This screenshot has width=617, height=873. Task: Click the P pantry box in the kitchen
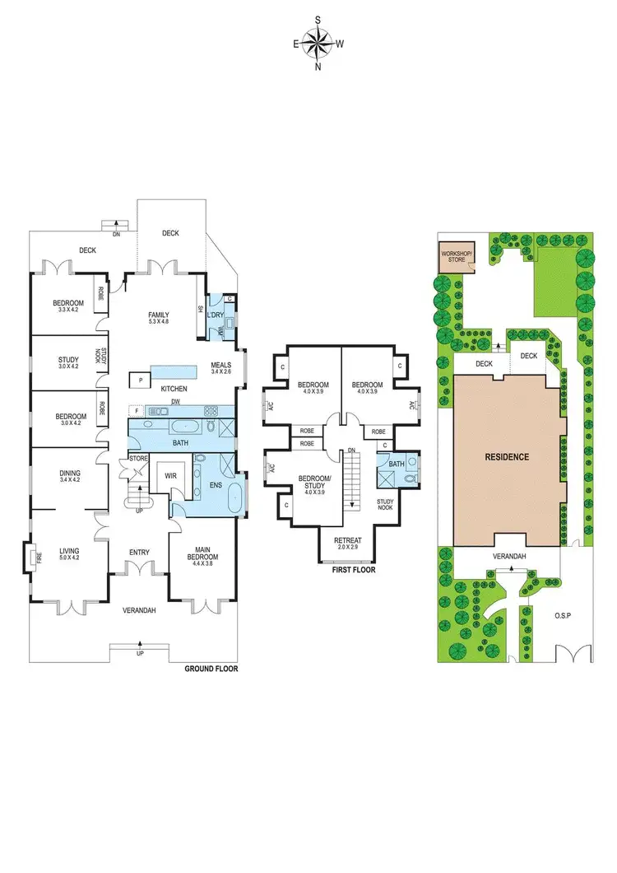(141, 380)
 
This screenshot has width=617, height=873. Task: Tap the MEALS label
(221, 365)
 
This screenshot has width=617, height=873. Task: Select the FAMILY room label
(159, 315)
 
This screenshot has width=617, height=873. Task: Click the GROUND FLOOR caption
(211, 669)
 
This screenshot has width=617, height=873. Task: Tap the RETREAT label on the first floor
(347, 540)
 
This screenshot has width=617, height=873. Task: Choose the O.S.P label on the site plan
(563, 615)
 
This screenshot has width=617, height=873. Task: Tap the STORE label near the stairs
(137, 459)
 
